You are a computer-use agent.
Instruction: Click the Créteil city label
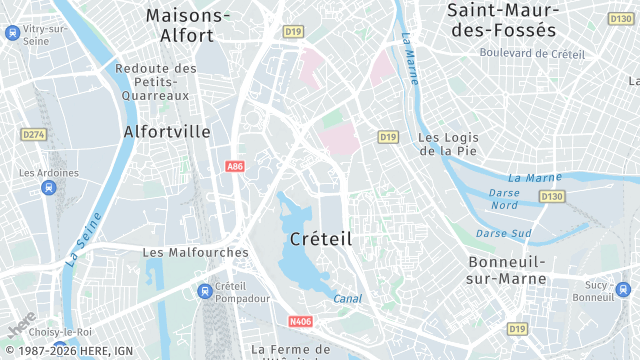(x=320, y=239)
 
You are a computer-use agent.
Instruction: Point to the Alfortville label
(x=167, y=131)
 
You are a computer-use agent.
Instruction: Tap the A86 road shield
(x=235, y=166)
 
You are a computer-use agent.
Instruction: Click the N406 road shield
(x=299, y=321)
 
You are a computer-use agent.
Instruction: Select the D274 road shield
(x=33, y=133)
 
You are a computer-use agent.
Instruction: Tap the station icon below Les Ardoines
(x=48, y=188)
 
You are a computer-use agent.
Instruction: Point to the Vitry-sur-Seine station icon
(x=11, y=33)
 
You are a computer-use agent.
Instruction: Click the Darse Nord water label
(x=504, y=198)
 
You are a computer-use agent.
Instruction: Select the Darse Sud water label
(x=503, y=233)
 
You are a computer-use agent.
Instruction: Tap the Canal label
(x=347, y=298)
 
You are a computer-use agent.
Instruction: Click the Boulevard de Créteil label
(x=531, y=53)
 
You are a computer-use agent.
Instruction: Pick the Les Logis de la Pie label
(x=447, y=144)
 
